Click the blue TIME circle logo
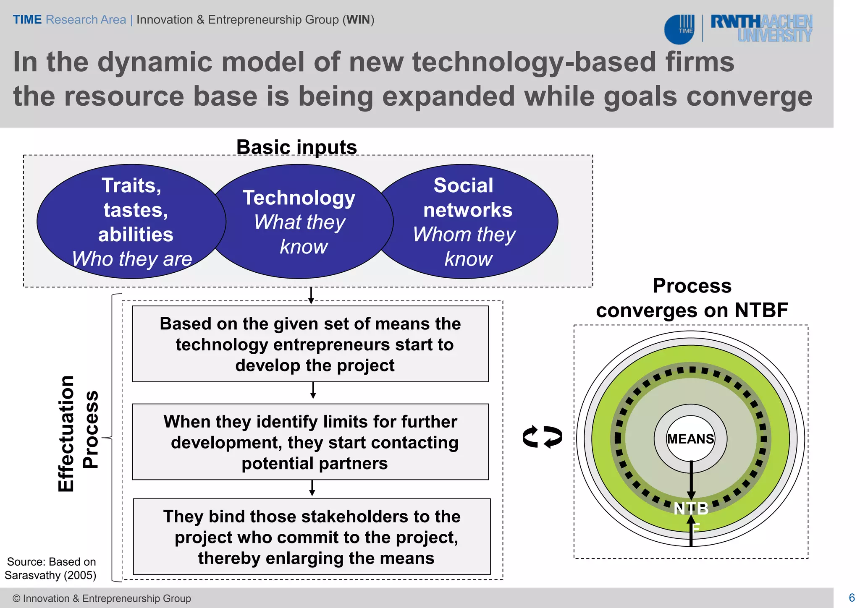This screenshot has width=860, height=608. (x=679, y=29)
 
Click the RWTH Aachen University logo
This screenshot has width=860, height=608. (x=761, y=28)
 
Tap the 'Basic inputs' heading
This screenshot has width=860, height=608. (x=296, y=147)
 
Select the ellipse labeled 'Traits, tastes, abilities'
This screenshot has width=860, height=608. (x=131, y=221)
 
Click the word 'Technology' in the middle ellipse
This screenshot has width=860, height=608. (x=299, y=198)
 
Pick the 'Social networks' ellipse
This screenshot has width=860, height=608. (x=467, y=221)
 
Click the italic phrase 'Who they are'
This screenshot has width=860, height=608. (x=132, y=259)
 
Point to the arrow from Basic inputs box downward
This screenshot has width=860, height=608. (x=311, y=295)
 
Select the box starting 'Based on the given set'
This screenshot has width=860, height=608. (x=310, y=344)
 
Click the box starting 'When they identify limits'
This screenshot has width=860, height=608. (x=310, y=442)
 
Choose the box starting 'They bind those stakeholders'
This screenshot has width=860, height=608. (x=312, y=537)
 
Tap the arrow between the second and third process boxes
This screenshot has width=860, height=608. (x=312, y=488)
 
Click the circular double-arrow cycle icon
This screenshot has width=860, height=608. (x=542, y=437)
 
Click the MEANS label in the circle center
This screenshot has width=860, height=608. (x=690, y=439)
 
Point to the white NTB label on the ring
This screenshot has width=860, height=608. (x=691, y=509)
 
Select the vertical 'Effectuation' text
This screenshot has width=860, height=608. (x=66, y=434)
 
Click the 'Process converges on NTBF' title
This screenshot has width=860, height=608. (x=692, y=298)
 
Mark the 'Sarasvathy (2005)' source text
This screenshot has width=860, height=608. (x=50, y=575)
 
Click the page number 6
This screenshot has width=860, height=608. (x=852, y=598)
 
